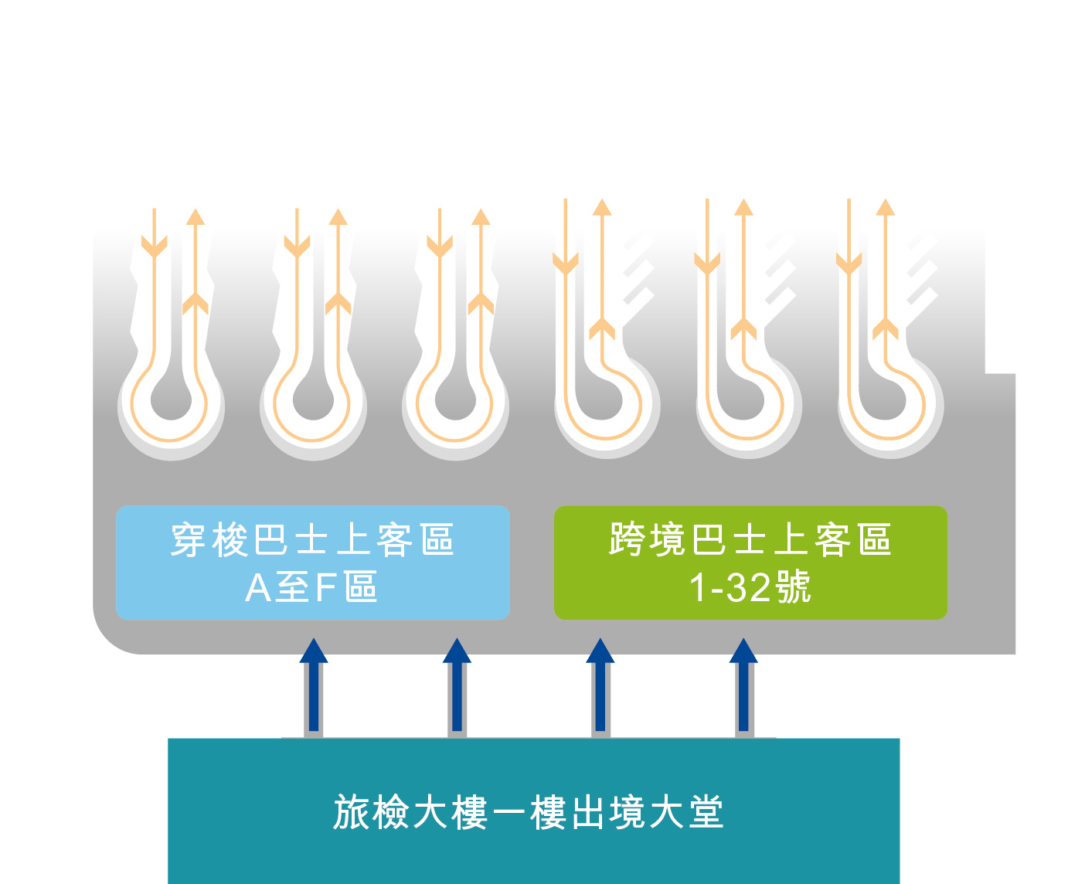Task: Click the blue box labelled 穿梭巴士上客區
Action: [312, 563]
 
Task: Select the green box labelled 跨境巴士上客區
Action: [750, 563]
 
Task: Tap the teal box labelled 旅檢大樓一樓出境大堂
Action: [533, 811]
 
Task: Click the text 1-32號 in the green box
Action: [750, 587]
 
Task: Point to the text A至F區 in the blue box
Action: [311, 587]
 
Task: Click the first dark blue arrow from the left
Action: [313, 685]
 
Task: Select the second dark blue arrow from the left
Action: [457, 685]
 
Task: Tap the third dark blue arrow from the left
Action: [600, 685]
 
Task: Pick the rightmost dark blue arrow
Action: [743, 685]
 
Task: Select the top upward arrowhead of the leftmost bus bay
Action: [195, 217]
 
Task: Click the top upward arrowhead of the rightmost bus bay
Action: [886, 207]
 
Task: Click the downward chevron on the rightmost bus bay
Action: [849, 263]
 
